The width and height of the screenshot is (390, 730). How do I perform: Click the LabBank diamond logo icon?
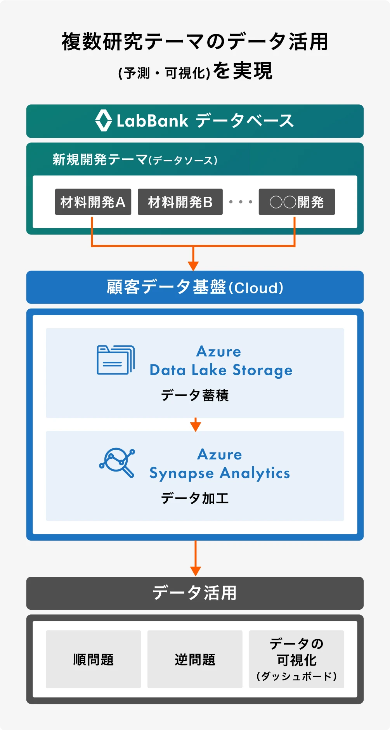[x=104, y=121]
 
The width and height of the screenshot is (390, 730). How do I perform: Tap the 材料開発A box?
[x=93, y=202]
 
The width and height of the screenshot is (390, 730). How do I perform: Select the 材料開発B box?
[x=180, y=202]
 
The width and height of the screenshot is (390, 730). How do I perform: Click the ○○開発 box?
[x=296, y=202]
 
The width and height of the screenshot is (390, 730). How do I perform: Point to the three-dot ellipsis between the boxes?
[x=241, y=202]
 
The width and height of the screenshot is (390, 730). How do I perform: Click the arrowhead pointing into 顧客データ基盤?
[x=193, y=266]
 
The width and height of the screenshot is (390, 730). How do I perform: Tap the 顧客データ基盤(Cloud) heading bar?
[x=195, y=287]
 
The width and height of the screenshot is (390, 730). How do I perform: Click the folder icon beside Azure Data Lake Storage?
[x=116, y=360]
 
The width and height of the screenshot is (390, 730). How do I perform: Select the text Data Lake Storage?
[x=221, y=370]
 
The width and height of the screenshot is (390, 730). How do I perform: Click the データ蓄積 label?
[x=195, y=395]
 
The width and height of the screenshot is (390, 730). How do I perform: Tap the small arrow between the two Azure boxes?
[x=195, y=425]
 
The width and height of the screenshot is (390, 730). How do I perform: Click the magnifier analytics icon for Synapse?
[x=117, y=462]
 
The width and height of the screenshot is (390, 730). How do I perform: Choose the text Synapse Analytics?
[x=220, y=473]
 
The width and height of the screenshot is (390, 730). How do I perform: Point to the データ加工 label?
[x=195, y=498]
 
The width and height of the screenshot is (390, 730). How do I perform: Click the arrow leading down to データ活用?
[x=195, y=570]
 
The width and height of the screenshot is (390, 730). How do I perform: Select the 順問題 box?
[x=93, y=659]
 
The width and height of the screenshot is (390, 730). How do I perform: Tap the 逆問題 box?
[x=195, y=659]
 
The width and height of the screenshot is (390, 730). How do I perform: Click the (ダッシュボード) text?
[x=296, y=676]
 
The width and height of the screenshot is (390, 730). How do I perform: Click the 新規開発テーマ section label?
[x=100, y=160]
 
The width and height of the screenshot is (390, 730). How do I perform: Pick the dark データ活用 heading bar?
[x=195, y=593]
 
